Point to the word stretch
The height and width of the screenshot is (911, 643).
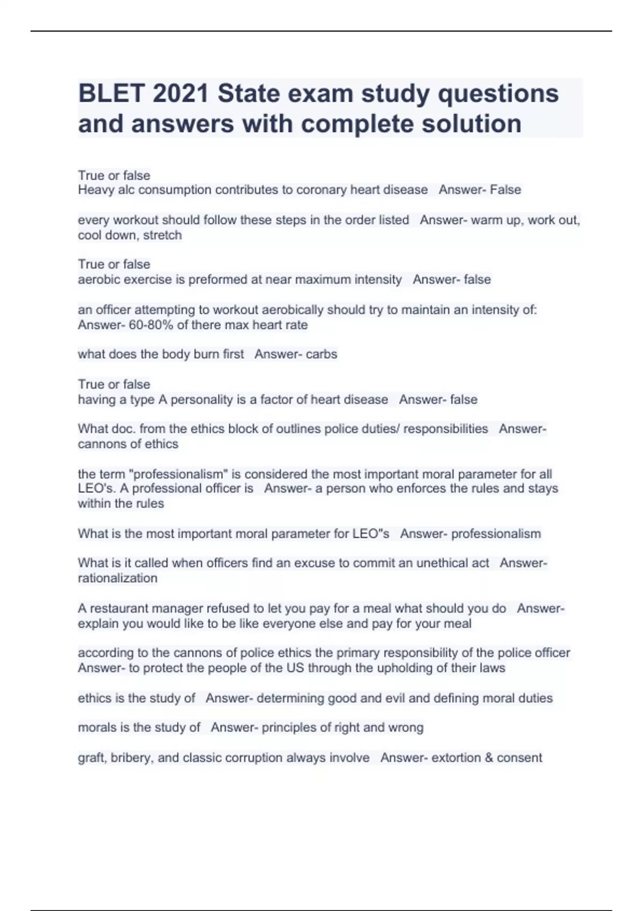(162, 235)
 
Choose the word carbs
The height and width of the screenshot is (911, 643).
(322, 354)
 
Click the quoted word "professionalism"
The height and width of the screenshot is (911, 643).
(181, 474)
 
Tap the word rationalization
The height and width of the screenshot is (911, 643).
(118, 578)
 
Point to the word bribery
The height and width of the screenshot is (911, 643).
(131, 758)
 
